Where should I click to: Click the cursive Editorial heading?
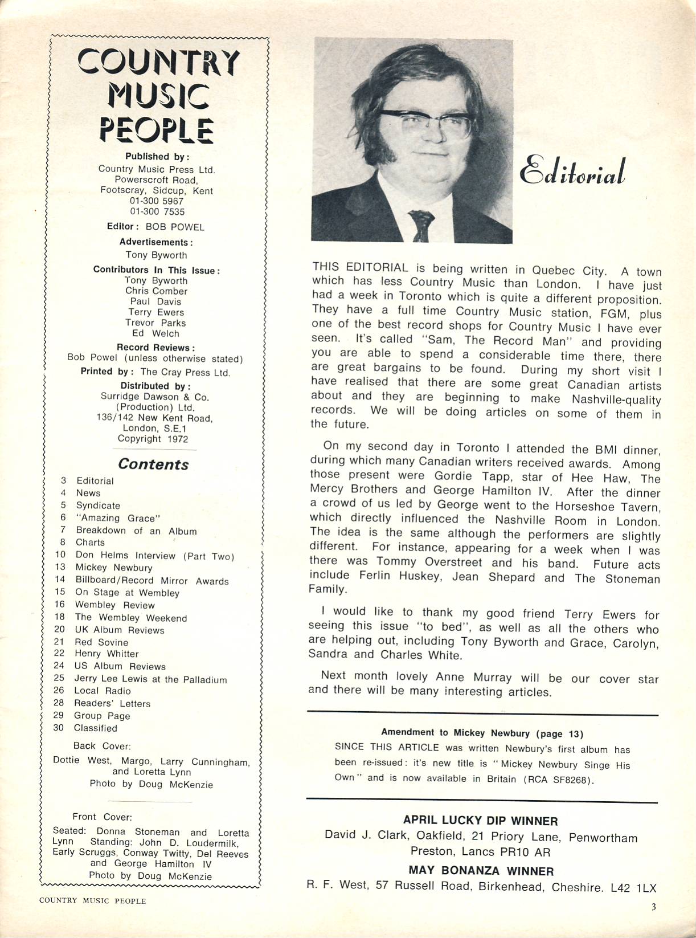coord(572,172)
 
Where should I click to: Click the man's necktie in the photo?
coord(421,225)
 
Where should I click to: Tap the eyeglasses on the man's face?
coord(428,122)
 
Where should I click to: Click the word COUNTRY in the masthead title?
coord(158,62)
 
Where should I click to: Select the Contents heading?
coord(153,464)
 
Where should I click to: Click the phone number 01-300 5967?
coord(157,201)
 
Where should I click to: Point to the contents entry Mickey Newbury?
coord(114,568)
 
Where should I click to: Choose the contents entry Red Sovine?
coord(101,642)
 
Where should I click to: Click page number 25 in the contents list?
coord(59,678)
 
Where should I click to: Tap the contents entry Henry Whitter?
coord(107,654)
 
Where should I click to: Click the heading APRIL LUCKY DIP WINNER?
coord(480,821)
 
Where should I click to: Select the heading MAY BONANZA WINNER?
coord(481,871)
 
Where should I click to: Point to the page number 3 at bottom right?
coord(653,907)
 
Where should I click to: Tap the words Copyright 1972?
coord(153,439)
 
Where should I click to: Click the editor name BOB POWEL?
coord(174,227)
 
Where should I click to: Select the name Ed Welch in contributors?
coord(155,333)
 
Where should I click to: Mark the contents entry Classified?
coord(95,728)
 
